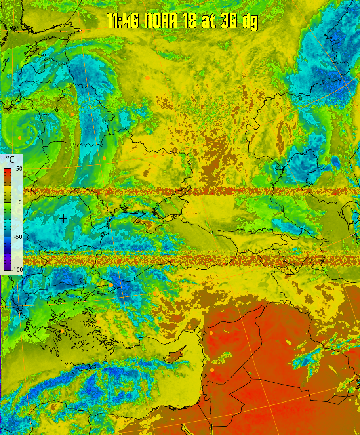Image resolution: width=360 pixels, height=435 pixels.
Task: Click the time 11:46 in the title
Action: click(123, 21)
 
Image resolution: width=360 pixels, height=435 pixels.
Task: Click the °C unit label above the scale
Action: click(10, 160)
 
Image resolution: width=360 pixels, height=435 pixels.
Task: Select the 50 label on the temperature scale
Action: click(19, 169)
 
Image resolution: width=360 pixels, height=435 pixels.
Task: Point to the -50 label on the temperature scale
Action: click(18, 237)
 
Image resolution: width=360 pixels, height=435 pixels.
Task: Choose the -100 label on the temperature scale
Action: click(17, 270)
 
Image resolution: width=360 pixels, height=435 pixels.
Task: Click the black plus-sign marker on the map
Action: click(63, 218)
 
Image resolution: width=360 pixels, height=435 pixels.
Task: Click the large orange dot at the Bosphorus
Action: click(111, 285)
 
